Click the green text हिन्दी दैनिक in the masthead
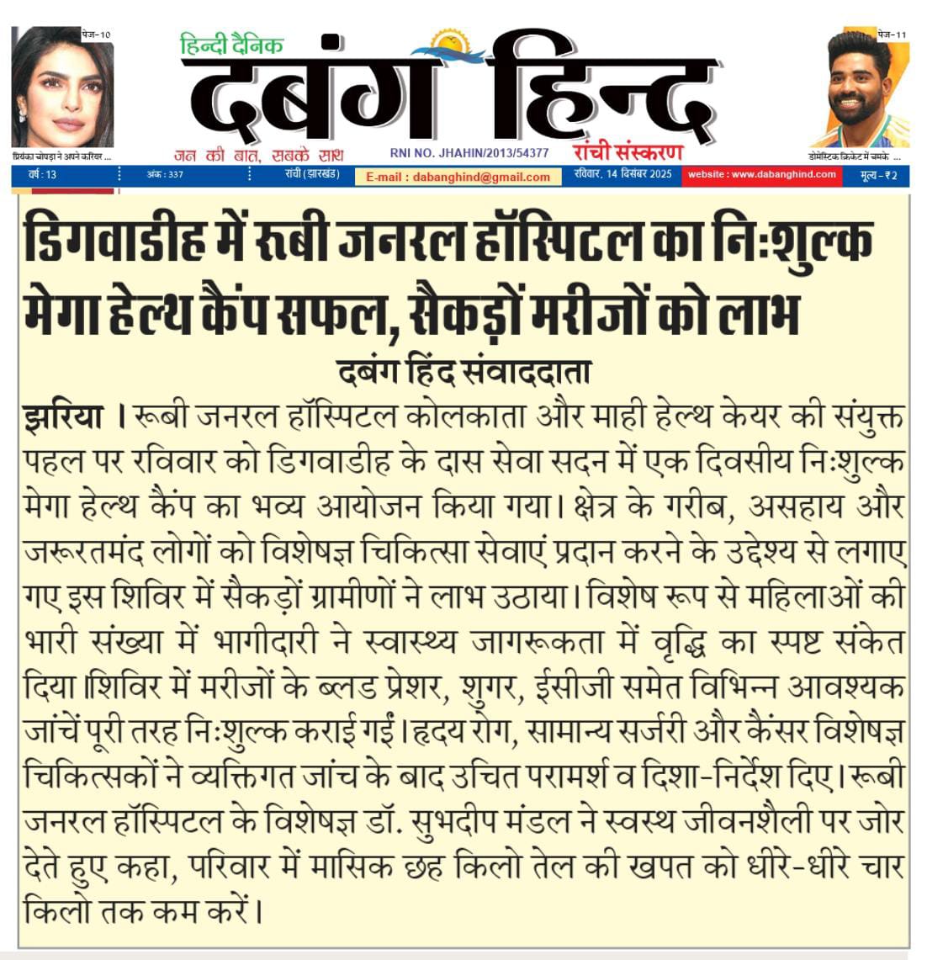[x=231, y=45]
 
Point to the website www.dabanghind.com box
[x=760, y=175]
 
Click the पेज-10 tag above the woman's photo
[x=96, y=34]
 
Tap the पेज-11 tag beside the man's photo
[x=892, y=34]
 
